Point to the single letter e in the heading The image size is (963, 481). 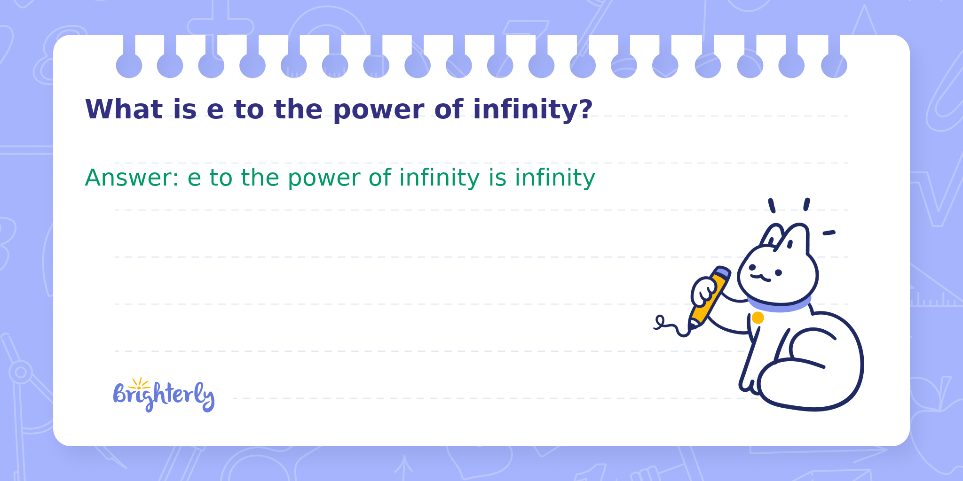[x=215, y=112]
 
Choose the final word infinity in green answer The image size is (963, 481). [x=555, y=178]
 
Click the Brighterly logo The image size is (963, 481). [x=164, y=395]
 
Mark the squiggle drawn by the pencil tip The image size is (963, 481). [x=671, y=326]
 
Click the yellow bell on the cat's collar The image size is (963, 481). [x=758, y=318]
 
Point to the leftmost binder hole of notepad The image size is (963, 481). [x=129, y=65]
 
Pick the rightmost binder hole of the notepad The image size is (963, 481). [x=834, y=65]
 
